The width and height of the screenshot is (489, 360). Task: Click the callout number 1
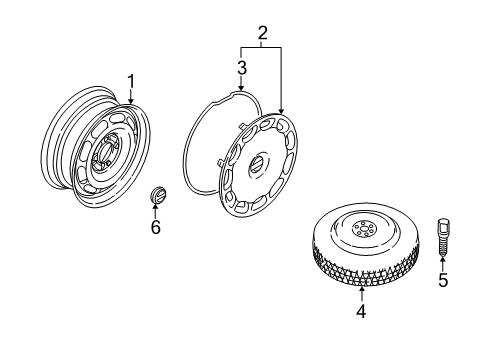click(x=130, y=80)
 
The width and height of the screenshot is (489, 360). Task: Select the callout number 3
click(x=241, y=68)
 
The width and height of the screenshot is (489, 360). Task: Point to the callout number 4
click(x=361, y=311)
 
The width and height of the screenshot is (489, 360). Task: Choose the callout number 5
click(x=442, y=280)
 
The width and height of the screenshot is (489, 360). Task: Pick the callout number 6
click(x=155, y=229)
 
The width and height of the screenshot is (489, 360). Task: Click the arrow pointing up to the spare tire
click(x=361, y=292)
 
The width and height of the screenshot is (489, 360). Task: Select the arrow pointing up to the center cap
click(x=155, y=211)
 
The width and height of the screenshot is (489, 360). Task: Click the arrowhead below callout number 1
click(x=130, y=101)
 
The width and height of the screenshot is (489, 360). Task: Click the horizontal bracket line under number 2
click(x=261, y=47)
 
